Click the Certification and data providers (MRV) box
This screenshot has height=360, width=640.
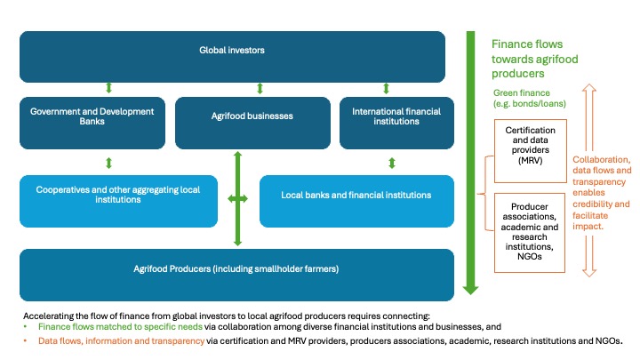click(530, 147)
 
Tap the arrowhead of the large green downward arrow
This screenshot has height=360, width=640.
click(472, 286)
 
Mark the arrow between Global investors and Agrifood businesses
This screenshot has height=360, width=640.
click(259, 88)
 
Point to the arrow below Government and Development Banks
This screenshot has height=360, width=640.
click(108, 164)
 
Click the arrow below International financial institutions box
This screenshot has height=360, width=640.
click(391, 164)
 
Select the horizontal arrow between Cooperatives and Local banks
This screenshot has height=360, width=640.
click(238, 199)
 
